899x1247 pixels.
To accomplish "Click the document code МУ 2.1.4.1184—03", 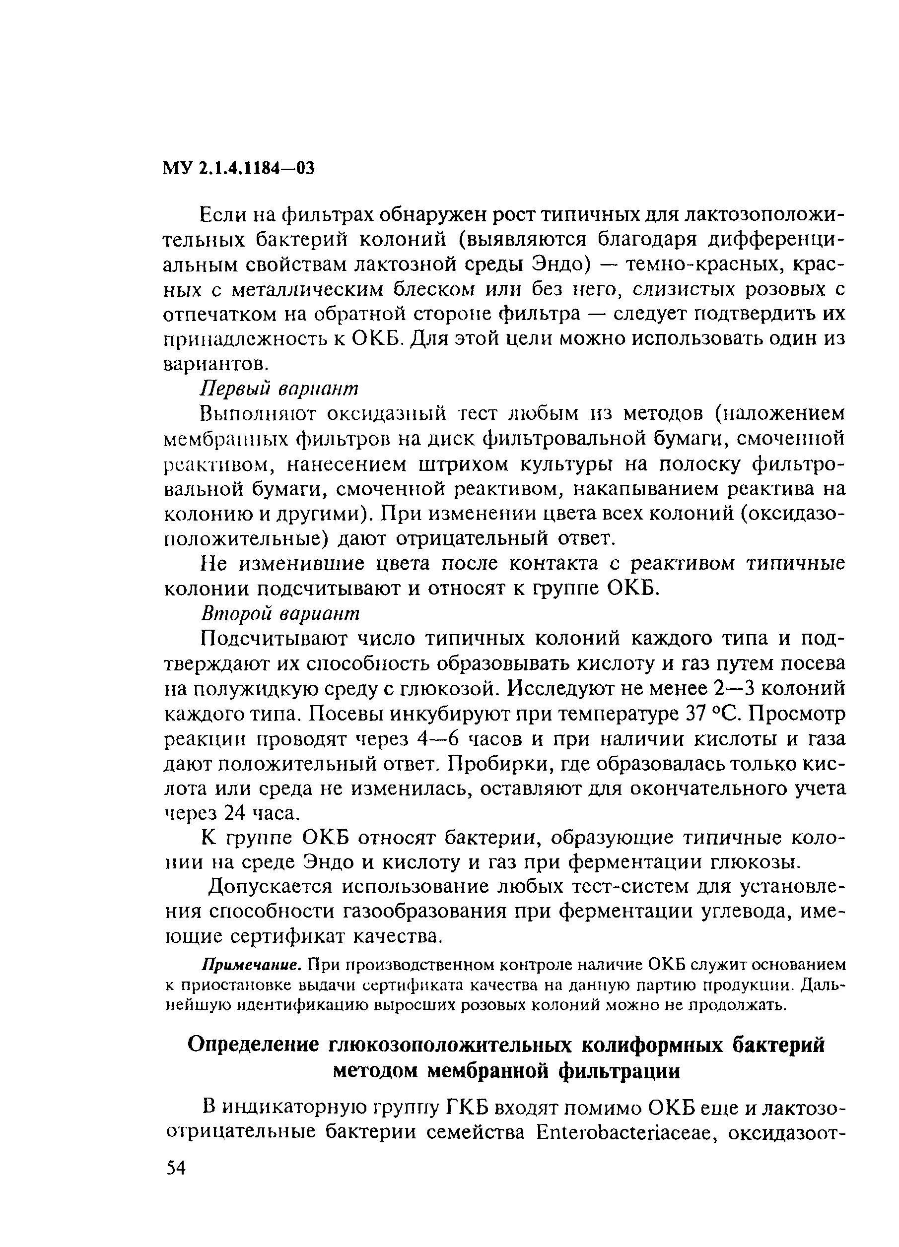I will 238,168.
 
